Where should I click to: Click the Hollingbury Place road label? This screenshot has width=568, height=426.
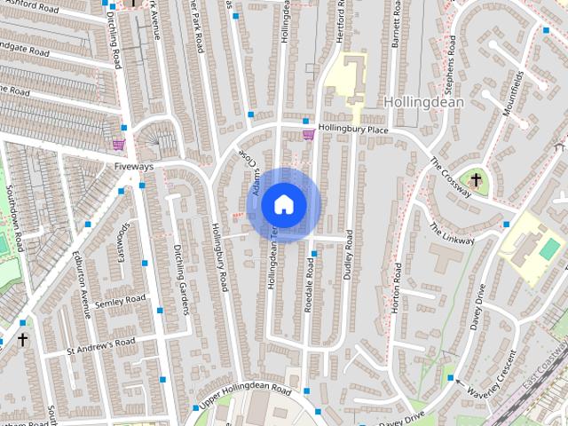[354, 130]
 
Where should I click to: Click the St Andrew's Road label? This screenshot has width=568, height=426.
[101, 345]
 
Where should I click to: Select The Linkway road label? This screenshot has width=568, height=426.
[452, 233]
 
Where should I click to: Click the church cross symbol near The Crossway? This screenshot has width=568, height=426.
[476, 181]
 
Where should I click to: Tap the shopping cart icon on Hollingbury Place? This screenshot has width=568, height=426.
[308, 135]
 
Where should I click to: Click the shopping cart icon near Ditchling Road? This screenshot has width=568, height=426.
[118, 144]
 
